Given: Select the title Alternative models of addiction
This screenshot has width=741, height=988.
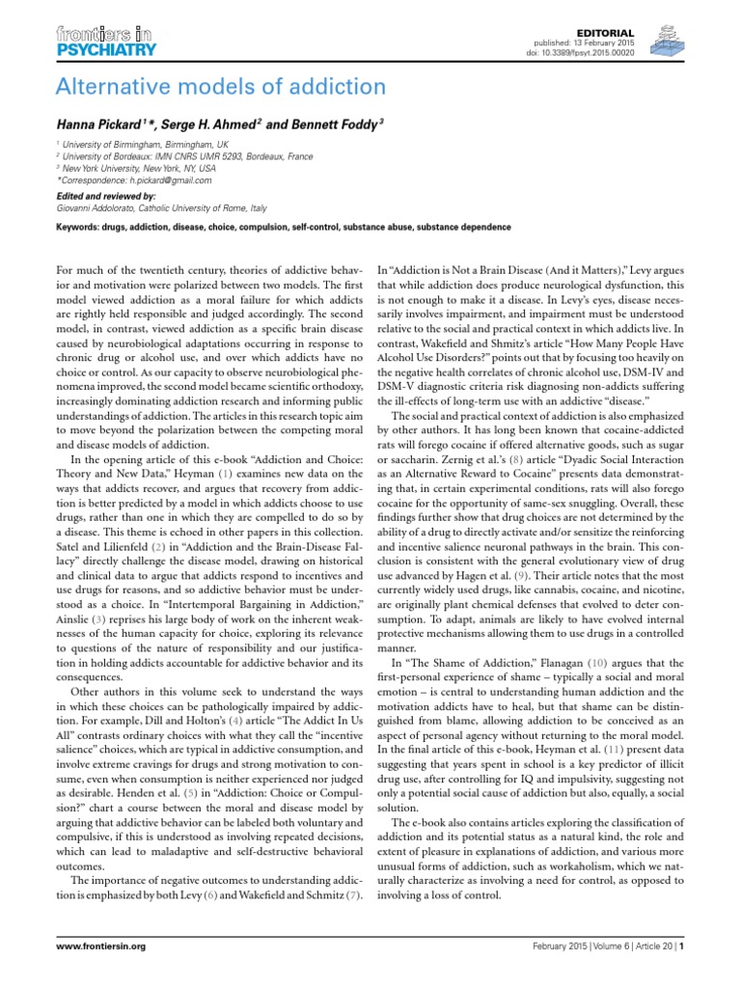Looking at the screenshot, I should coord(221,88).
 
